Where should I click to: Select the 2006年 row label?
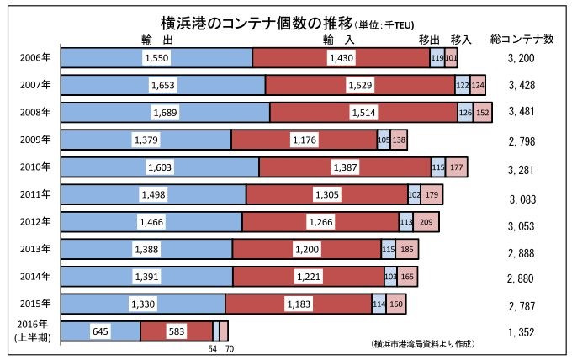(34, 57)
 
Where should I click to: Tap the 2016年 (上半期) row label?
(34, 331)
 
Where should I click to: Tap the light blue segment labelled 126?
(464, 112)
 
